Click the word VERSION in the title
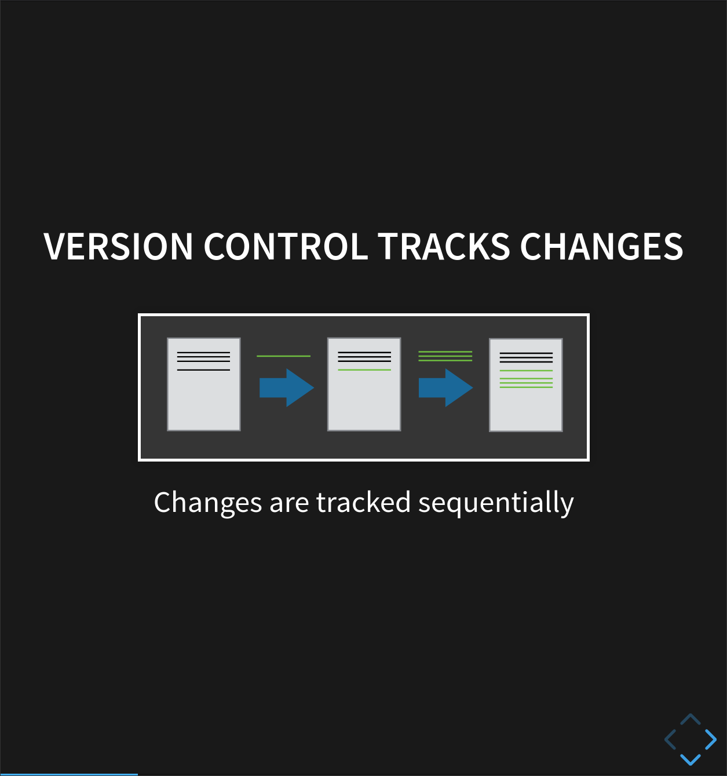(x=118, y=247)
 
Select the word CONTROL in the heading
(x=286, y=247)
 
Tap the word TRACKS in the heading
(x=444, y=247)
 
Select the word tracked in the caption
(x=363, y=503)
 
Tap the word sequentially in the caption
(x=496, y=503)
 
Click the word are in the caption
(x=289, y=503)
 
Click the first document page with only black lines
(x=204, y=385)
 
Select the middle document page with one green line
(x=364, y=385)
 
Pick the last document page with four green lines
(x=526, y=385)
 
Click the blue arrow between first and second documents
(x=286, y=387)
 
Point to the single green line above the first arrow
(x=283, y=356)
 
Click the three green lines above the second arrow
(x=445, y=356)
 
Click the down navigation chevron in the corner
(x=691, y=759)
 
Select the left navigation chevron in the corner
(x=670, y=740)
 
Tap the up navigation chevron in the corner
(x=691, y=719)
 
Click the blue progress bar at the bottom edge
(x=69, y=774)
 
